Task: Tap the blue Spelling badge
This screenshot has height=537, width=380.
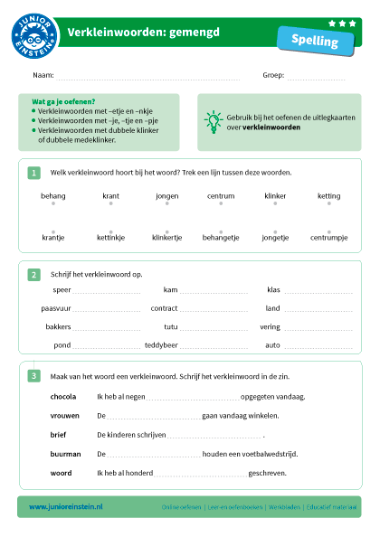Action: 316,41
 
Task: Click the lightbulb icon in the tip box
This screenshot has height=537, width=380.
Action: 214,119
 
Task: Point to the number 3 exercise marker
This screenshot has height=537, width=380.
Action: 33,376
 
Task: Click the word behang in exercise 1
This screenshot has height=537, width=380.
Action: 53,195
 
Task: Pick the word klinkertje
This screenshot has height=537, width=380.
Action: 166,238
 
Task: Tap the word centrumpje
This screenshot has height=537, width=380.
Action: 328,238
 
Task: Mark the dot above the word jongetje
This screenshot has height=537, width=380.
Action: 275,231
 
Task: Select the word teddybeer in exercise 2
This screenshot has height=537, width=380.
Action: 161,345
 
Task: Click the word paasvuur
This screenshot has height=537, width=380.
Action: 56,308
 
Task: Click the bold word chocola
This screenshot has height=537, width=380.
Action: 63,396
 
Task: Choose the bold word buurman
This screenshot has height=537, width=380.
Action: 65,453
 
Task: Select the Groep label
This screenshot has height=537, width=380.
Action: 273,75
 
